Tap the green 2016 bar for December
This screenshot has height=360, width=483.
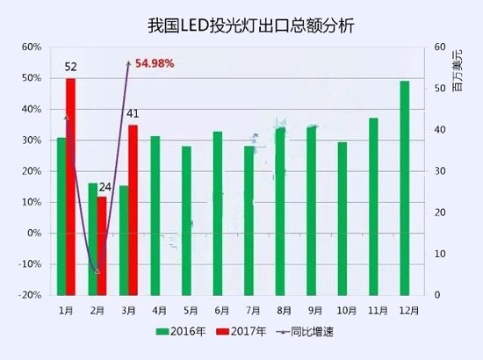point(405,188)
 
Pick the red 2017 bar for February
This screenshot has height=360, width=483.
point(102,245)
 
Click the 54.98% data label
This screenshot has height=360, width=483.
point(155,63)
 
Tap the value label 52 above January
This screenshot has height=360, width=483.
point(71,68)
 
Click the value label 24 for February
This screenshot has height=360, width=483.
point(105,187)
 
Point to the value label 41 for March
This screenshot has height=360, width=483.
point(133,113)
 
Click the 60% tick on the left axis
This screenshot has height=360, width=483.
point(31,47)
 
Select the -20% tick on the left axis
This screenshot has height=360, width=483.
point(31,296)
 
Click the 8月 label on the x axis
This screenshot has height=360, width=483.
point(282,310)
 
